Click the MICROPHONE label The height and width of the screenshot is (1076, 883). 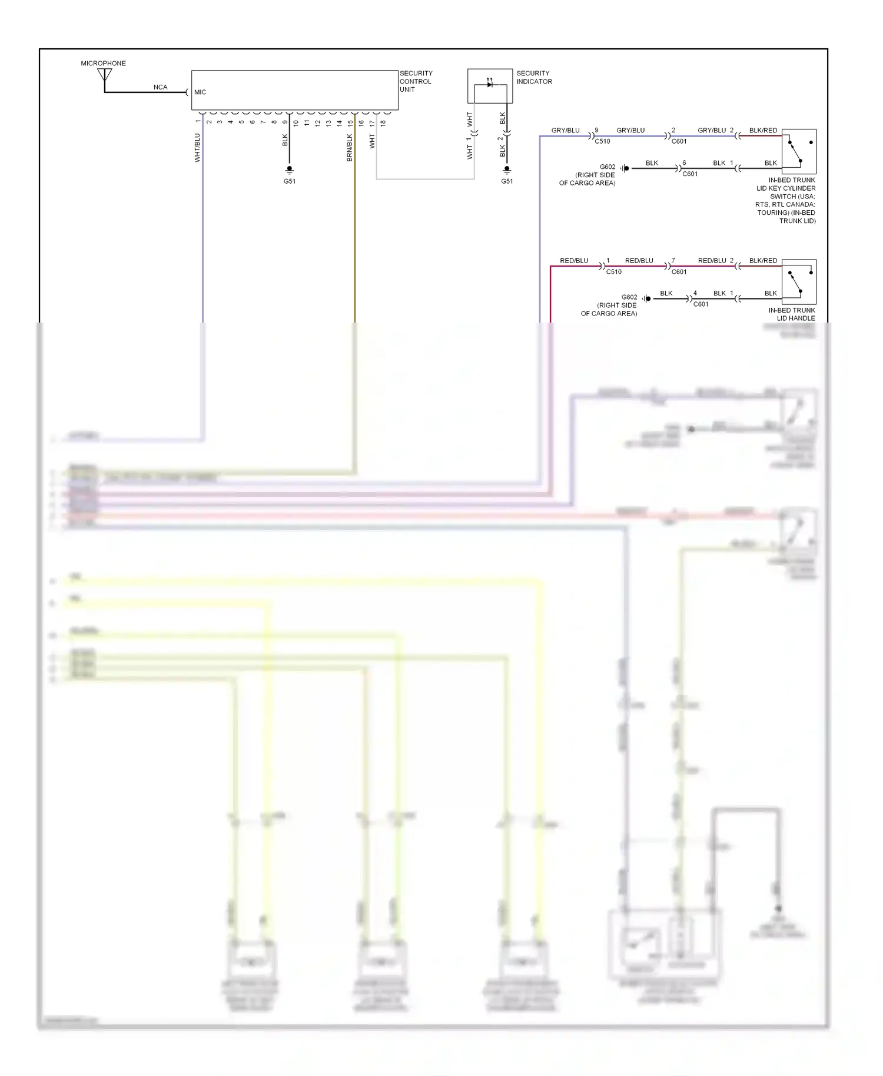coord(103,63)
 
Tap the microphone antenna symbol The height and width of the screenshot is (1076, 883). coord(105,75)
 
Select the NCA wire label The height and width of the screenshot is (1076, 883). coord(160,87)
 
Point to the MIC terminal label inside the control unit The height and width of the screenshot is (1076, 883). coord(200,92)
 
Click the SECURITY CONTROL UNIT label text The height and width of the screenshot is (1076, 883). coord(416,81)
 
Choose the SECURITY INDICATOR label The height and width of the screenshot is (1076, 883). coord(534,77)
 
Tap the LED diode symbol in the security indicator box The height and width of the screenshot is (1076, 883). coord(490,84)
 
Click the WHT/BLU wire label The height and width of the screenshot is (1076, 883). coord(197,147)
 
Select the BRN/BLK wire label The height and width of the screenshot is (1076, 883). coord(350,147)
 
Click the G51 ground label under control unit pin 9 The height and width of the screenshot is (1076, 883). coord(290,181)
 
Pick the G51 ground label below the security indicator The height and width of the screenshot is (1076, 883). coord(507,181)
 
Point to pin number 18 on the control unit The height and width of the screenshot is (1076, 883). coord(383,123)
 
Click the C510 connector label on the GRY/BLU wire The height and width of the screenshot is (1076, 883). coord(602,141)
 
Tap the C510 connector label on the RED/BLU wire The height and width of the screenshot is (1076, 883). coord(613,272)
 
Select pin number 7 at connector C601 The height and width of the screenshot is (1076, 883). coord(673,260)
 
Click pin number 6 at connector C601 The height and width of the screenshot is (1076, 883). coord(684,163)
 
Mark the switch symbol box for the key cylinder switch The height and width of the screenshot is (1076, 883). coord(799,151)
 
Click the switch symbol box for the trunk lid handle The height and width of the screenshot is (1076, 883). coord(799,281)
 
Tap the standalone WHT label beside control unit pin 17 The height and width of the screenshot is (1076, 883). coord(372,141)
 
